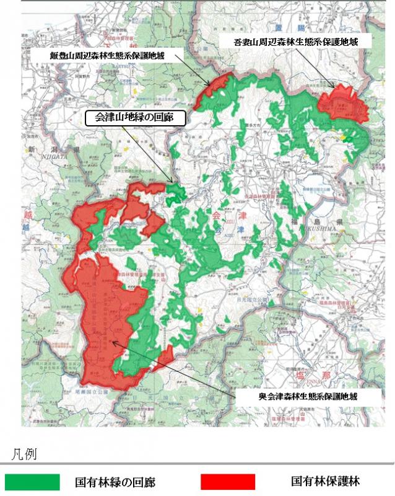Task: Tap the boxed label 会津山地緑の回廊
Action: click(x=134, y=118)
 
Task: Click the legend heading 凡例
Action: click(x=25, y=454)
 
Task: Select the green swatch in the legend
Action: click(x=32, y=482)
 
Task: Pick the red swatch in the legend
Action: click(x=228, y=482)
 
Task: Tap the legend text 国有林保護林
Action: click(x=325, y=481)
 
